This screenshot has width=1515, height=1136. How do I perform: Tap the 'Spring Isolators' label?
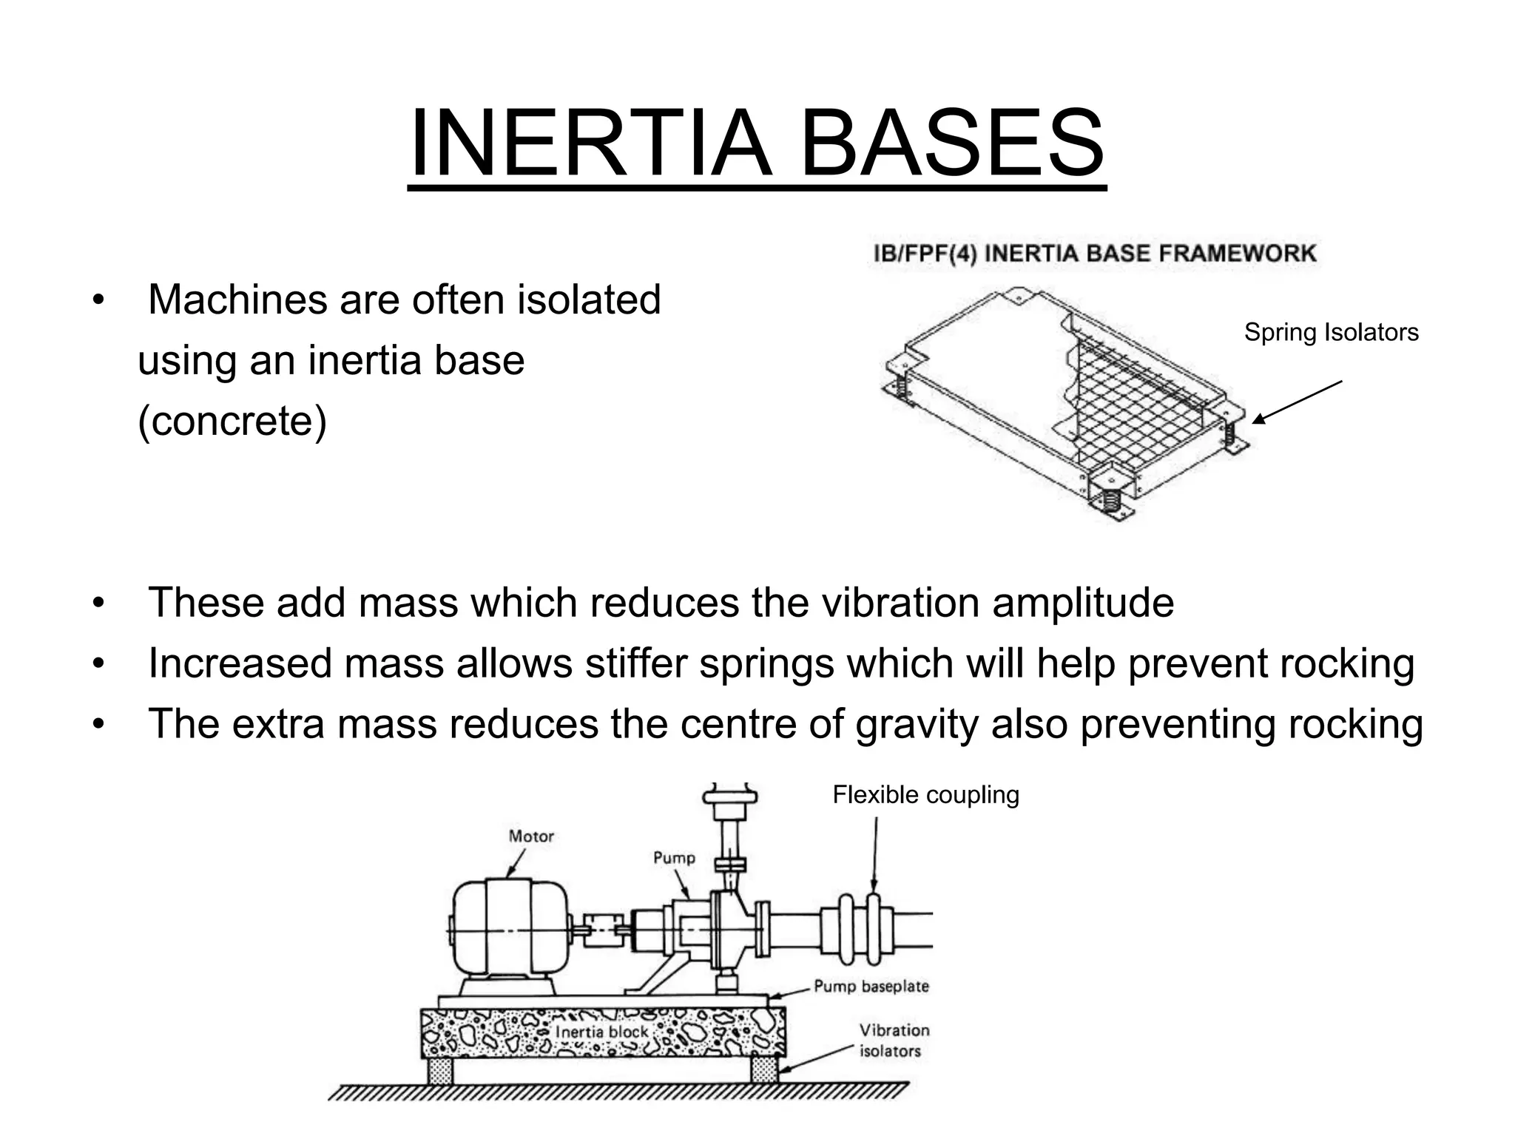pyautogui.click(x=1331, y=333)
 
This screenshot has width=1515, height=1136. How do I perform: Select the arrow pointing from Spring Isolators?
pyautogui.click(x=1297, y=402)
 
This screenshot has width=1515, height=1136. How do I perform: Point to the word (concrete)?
pyautogui.click(x=232, y=422)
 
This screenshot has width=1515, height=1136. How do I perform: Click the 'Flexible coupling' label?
pyautogui.click(x=925, y=795)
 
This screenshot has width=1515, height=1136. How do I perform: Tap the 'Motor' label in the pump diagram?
pyautogui.click(x=531, y=836)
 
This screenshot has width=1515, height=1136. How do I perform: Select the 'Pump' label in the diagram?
pyautogui.click(x=674, y=858)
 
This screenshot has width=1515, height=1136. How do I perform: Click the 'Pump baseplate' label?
pyautogui.click(x=871, y=986)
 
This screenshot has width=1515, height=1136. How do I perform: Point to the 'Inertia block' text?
pyautogui.click(x=601, y=1032)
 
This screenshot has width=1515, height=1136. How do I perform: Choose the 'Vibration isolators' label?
pyautogui.click(x=894, y=1040)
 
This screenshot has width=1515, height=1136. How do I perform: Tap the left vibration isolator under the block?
pyautogui.click(x=441, y=1069)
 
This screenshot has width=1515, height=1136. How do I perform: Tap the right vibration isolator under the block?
pyautogui.click(x=765, y=1069)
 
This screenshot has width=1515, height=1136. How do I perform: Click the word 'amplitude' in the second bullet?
pyautogui.click(x=1082, y=603)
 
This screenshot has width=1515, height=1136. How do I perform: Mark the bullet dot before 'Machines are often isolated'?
pyautogui.click(x=97, y=301)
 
